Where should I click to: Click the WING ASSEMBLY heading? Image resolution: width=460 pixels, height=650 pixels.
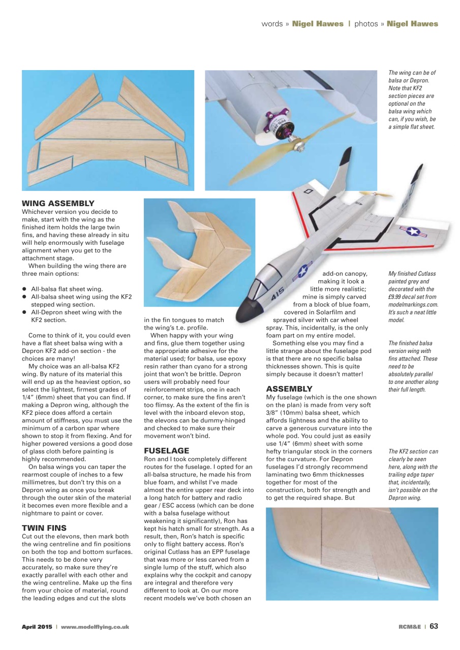point(57,203)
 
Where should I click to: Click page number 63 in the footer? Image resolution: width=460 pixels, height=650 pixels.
point(434,626)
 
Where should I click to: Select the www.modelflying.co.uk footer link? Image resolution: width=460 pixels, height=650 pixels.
point(95,627)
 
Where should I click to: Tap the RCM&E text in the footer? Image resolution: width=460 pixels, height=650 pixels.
point(410,627)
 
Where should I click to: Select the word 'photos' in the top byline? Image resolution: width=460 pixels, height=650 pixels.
point(366,24)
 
